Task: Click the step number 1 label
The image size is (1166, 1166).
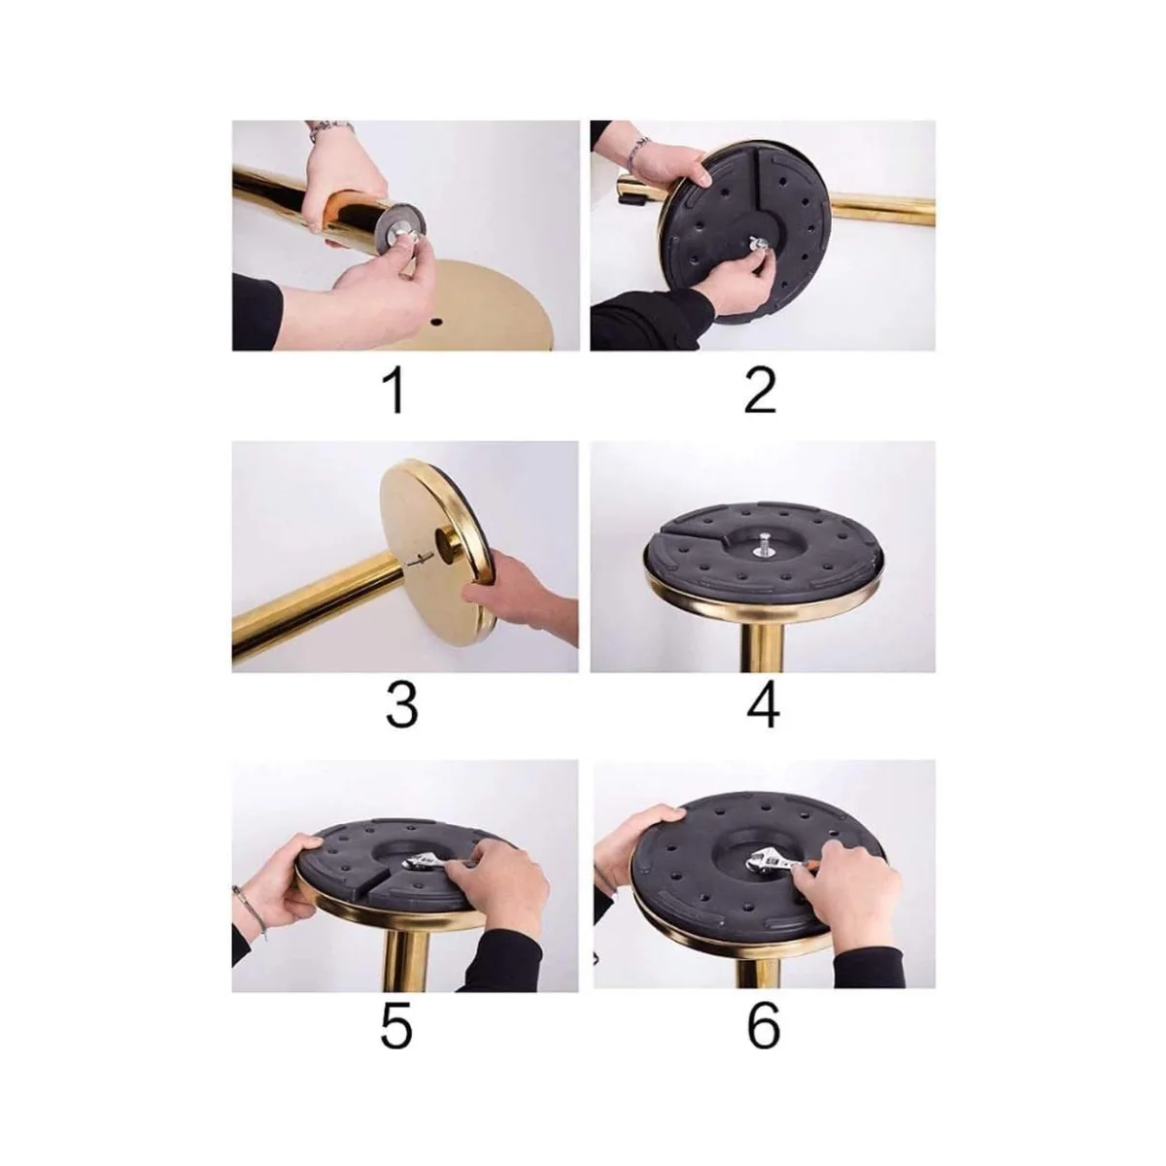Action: [395, 393]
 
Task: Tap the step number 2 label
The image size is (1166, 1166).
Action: [761, 393]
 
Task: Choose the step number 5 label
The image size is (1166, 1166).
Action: [397, 1027]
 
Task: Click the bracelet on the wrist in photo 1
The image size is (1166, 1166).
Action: [329, 130]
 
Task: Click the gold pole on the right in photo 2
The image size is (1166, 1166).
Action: [883, 213]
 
